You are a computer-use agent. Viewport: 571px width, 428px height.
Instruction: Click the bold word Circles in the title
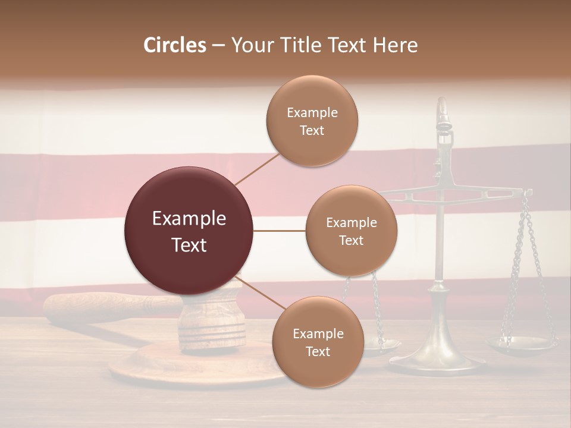coord(174,45)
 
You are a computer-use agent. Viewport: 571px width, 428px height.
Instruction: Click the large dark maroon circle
coord(189,231)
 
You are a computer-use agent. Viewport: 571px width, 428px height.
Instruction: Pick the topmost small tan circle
coord(312,121)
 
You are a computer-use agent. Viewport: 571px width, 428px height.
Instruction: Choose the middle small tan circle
coord(351,231)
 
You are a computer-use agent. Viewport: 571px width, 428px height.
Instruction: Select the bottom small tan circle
coord(318,342)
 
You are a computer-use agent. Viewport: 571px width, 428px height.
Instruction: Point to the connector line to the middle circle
coord(279,231)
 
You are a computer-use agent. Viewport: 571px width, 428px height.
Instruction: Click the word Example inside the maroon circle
coord(189,219)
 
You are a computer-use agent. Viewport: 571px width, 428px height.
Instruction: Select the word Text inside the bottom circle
coord(318,351)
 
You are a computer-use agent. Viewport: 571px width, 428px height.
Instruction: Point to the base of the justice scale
coord(437,360)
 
